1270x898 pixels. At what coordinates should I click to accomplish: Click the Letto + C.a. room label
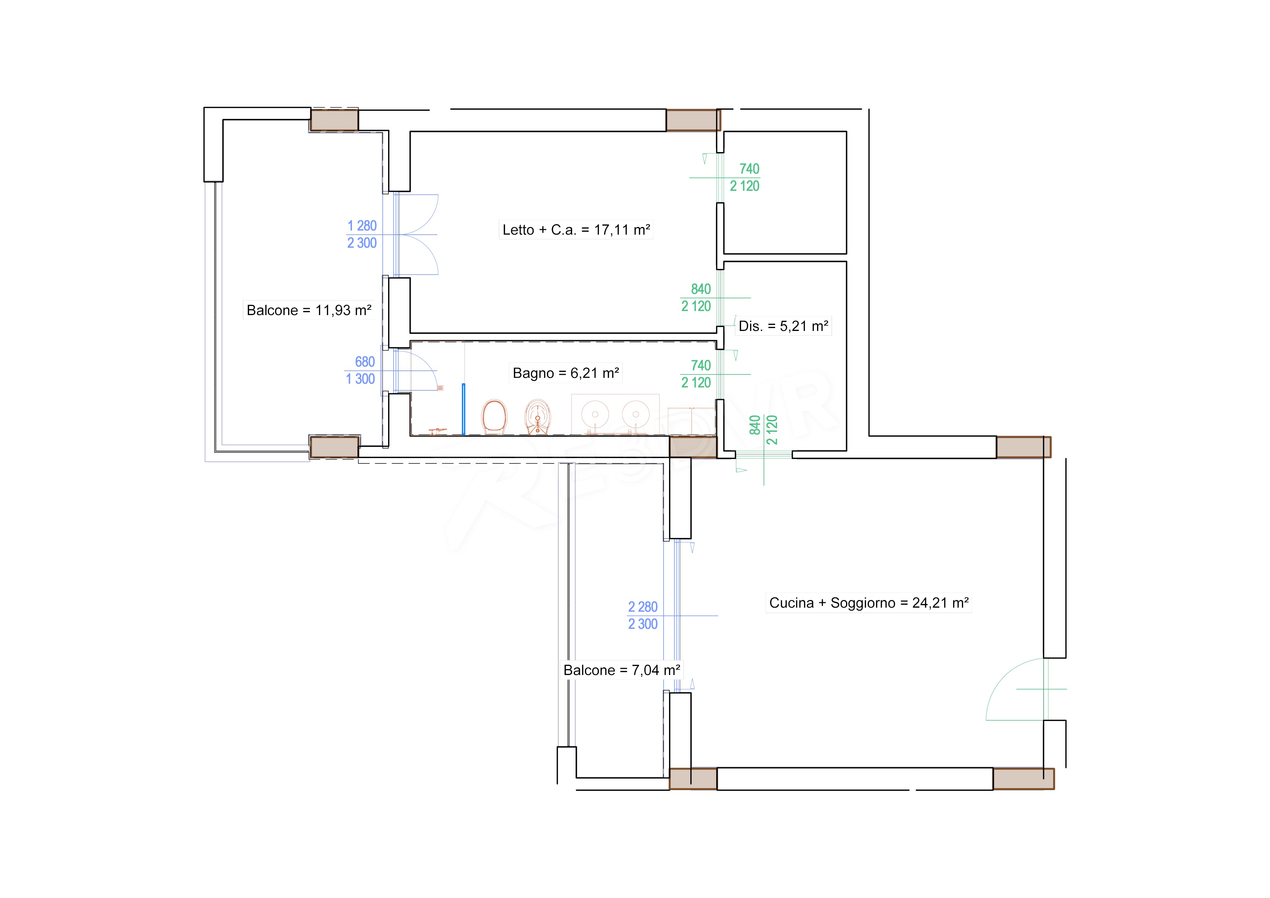[576, 230]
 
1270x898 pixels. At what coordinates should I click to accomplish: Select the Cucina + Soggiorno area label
[869, 603]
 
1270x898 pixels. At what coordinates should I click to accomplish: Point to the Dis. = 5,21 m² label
[783, 326]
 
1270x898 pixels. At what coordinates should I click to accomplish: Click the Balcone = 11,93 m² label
[309, 310]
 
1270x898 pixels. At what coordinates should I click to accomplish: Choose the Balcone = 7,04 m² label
[622, 670]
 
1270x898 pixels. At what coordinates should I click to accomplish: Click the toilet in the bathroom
[495, 417]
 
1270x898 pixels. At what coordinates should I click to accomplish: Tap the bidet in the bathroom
[537, 417]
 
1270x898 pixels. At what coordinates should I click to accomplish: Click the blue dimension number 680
[365, 362]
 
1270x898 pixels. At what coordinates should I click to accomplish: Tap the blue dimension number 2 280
[643, 607]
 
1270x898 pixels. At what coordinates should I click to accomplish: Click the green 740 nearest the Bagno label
[701, 365]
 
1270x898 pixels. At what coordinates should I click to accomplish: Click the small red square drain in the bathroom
[440, 388]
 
